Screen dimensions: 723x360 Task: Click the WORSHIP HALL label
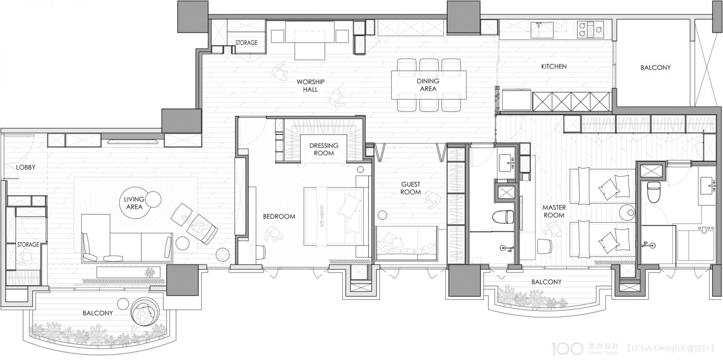coord(310,86)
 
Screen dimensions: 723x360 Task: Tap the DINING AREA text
coord(428,85)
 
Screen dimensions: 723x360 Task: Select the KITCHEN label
coord(554,67)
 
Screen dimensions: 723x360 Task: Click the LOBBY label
coord(26,167)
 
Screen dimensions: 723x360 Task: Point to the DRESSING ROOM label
coord(324,149)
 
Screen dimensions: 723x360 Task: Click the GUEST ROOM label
coord(411,188)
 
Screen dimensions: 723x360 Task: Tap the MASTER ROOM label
coord(554,211)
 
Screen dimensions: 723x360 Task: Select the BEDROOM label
coord(279,216)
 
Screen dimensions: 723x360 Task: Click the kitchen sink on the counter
coord(543,29)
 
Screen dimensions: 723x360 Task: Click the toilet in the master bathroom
coord(654,192)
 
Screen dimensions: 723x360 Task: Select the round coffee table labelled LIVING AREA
coord(134,203)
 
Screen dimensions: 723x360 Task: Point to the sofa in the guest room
coord(407,243)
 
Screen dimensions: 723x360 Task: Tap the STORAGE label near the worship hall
coord(246,42)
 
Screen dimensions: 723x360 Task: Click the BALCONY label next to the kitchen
coord(655,68)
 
